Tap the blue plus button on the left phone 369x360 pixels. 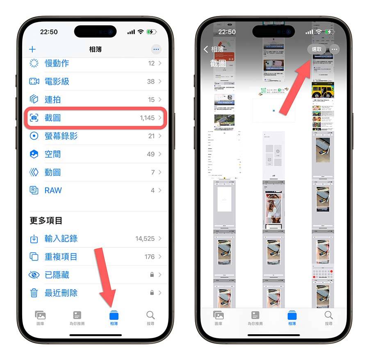pyautogui.click(x=32, y=50)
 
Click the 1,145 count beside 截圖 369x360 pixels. pyautogui.click(x=147, y=118)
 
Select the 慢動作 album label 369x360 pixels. pyautogui.click(x=57, y=63)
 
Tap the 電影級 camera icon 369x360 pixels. pyautogui.click(x=34, y=82)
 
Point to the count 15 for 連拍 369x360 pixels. pyautogui.click(x=151, y=100)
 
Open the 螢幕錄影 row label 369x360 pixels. pyautogui.click(x=61, y=136)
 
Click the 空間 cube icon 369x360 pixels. pyautogui.click(x=34, y=154)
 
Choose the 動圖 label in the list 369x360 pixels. pyautogui.click(x=52, y=172)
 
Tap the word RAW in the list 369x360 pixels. pyautogui.click(x=53, y=190)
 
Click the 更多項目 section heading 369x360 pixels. pyautogui.click(x=46, y=220)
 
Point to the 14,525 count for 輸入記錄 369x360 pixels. pyautogui.click(x=145, y=238)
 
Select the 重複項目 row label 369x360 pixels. pyautogui.click(x=61, y=257)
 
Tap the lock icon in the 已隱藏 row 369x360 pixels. pyautogui.click(x=152, y=275)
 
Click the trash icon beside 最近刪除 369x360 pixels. pyautogui.click(x=34, y=293)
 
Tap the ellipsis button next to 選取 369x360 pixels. pyautogui.click(x=335, y=50)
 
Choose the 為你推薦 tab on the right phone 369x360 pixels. pyautogui.click(x=255, y=317)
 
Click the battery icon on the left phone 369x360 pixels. pyautogui.click(x=152, y=32)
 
